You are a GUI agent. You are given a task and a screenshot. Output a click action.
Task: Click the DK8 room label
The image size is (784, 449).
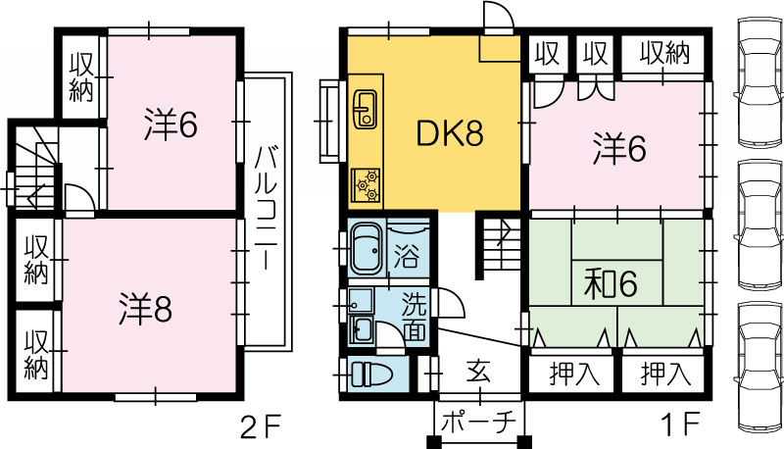click(x=450, y=133)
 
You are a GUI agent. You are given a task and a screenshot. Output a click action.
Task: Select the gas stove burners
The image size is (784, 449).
click(x=366, y=185)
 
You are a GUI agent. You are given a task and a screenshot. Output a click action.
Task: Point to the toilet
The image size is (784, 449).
click(x=372, y=374)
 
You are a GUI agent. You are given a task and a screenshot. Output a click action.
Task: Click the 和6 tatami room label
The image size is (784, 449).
click(x=611, y=283)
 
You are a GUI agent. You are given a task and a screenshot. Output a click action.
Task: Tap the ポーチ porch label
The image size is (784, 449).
click(x=479, y=423)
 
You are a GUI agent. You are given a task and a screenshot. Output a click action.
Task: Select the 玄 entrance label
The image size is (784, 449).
click(x=478, y=372)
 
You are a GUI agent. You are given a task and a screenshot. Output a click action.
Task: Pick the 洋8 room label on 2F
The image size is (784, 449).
click(x=145, y=309)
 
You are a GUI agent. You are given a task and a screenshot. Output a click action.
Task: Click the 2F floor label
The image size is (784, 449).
click(x=261, y=427)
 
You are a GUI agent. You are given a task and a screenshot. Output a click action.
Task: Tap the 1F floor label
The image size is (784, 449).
click(x=680, y=425)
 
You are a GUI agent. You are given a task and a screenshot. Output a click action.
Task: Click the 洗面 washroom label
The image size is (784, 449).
click(x=415, y=316)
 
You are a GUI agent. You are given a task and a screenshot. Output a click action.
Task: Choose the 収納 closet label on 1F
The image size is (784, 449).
click(x=665, y=53)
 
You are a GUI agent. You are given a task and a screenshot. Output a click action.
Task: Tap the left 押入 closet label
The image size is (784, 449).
click(x=574, y=373)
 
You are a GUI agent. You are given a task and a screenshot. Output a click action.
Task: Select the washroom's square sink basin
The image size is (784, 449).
click(x=361, y=301)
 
